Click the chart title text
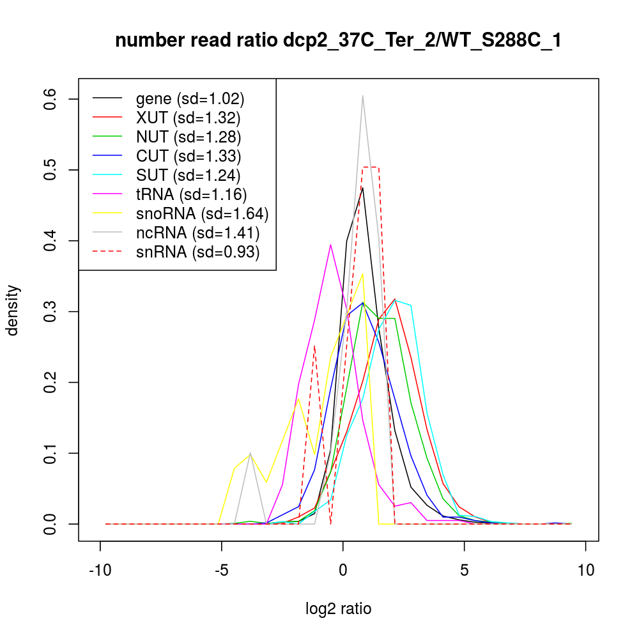(x=338, y=42)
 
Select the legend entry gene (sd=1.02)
(x=190, y=98)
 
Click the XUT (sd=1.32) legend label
(x=189, y=118)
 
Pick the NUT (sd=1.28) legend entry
(x=189, y=137)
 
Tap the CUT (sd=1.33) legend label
(x=189, y=155)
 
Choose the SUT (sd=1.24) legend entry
(x=189, y=174)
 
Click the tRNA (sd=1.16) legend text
(x=192, y=194)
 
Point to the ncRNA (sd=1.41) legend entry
(x=198, y=232)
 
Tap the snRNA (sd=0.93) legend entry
(x=198, y=252)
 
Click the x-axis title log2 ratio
(x=338, y=609)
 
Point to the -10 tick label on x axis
(x=100, y=569)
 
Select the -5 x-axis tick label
(x=222, y=569)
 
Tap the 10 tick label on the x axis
(x=586, y=569)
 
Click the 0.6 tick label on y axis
(x=49, y=99)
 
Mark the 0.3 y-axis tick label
(x=49, y=312)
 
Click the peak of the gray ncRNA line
(x=363, y=96)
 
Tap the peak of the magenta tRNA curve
(x=330, y=244)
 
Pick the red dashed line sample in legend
(x=107, y=252)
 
